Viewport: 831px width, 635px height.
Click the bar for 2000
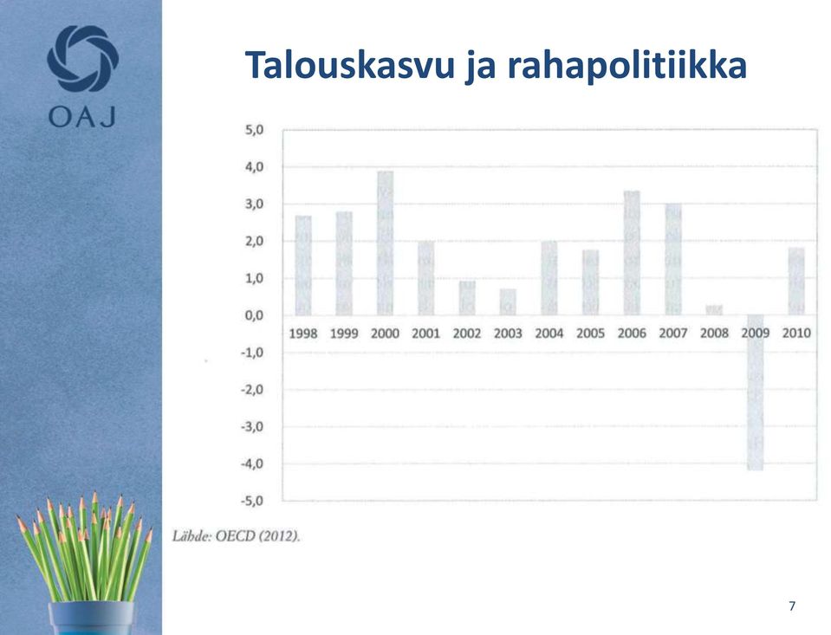tap(386, 243)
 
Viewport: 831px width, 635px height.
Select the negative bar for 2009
tap(756, 392)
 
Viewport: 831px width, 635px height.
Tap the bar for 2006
tap(632, 253)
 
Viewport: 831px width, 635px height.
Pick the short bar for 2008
tap(714, 310)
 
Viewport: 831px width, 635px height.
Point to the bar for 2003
tap(509, 302)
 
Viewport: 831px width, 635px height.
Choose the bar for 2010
tap(796, 282)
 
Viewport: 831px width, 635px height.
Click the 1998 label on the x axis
tap(303, 334)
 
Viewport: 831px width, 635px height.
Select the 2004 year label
tap(549, 334)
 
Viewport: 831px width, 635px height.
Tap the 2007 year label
tap(673, 334)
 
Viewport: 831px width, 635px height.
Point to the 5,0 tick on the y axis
tap(255, 130)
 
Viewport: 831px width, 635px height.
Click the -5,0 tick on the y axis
tap(252, 501)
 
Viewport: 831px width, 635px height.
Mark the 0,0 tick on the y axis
tap(255, 315)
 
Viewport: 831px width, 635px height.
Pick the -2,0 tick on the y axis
tap(252, 390)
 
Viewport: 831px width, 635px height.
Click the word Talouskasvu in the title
tap(350, 65)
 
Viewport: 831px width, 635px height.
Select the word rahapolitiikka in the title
tap(627, 65)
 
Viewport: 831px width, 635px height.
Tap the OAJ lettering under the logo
tap(82, 116)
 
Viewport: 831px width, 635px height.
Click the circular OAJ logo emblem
tap(82, 58)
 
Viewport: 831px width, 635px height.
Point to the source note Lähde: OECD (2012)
tap(237, 536)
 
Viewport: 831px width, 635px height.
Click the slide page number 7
tap(792, 606)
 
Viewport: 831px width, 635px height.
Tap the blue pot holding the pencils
tap(91, 618)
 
